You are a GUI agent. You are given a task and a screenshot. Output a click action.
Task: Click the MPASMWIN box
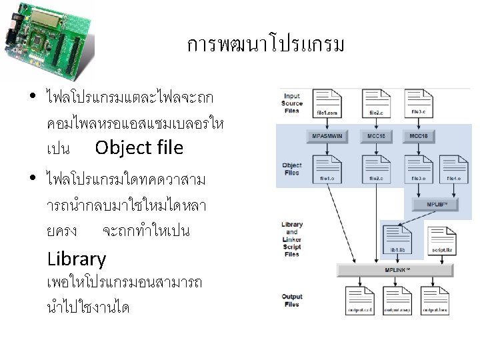coord(327,136)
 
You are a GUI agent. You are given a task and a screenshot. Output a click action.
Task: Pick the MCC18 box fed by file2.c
coord(375,136)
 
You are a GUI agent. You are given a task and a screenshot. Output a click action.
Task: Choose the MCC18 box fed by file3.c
coord(418,136)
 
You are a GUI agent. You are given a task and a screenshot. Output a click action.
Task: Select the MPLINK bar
coord(396,270)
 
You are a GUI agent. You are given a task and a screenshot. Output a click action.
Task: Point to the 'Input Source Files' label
coord(292,103)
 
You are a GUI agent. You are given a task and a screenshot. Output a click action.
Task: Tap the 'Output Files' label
coord(291,301)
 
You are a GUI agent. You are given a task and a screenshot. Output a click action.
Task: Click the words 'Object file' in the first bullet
coord(139,147)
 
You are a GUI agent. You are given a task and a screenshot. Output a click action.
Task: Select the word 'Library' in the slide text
coord(77,259)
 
